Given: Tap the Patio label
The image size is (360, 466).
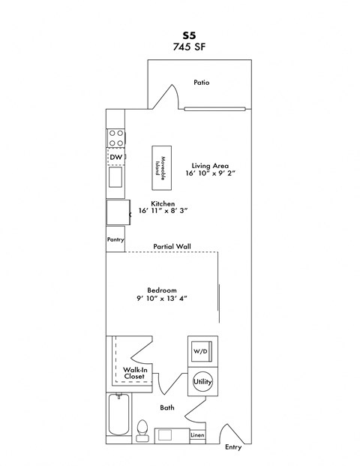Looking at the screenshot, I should tap(201, 83).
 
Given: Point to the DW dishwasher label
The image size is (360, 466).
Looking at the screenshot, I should tap(115, 157).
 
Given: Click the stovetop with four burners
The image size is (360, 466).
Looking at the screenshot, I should tap(116, 138).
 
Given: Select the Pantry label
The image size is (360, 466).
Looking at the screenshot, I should tap(115, 240).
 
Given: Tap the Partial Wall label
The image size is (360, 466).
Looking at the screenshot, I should tap(172, 245).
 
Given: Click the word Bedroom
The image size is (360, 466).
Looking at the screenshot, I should tap(161, 290).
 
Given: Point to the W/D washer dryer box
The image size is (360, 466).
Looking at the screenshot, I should tap(200, 351).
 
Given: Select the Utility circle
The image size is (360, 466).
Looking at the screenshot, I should tap(202, 383).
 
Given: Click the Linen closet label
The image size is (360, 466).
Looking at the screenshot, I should tap(196, 435).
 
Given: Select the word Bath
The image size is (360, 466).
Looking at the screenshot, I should tap(167, 408).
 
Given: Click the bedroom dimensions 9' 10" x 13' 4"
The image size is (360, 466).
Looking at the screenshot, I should tap(161, 299).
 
